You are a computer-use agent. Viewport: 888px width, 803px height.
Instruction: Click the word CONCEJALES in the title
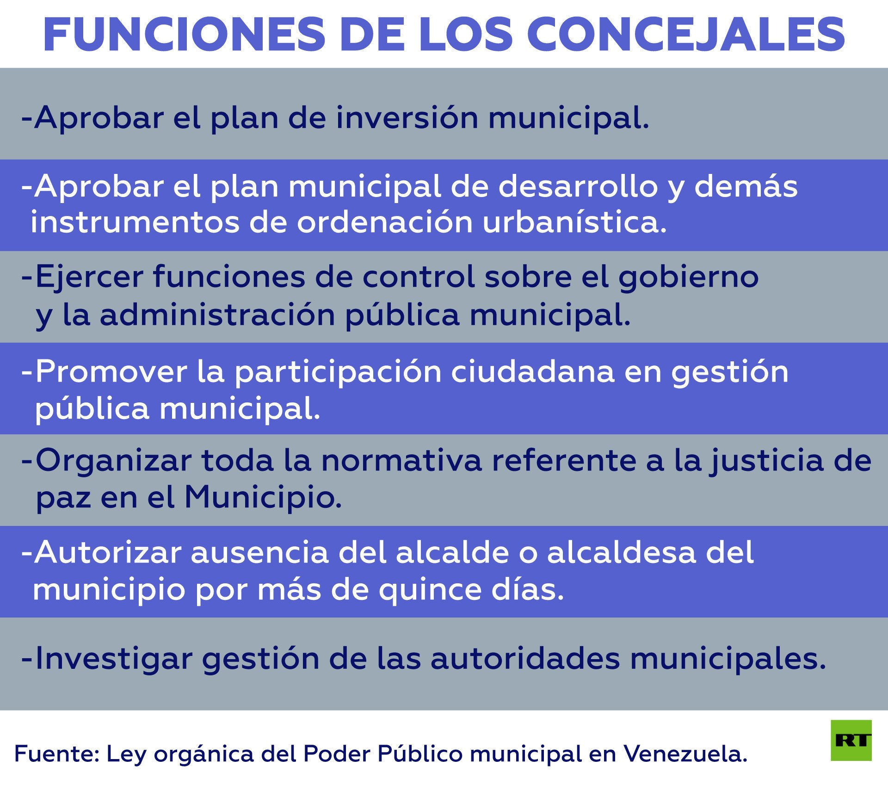(686, 35)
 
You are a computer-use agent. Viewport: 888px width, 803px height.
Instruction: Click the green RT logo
(851, 741)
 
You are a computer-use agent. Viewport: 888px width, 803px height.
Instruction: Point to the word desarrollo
(578, 186)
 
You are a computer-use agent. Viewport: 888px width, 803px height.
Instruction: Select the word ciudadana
(533, 371)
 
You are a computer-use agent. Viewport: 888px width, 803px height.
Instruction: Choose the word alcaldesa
(621, 552)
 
